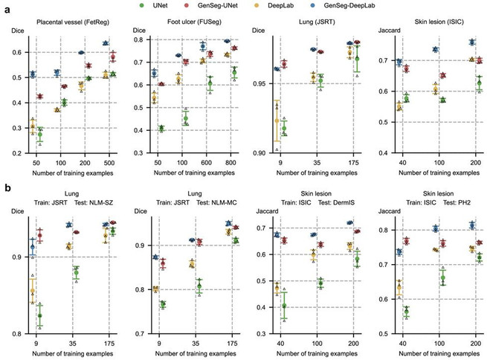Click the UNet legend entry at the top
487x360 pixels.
173,6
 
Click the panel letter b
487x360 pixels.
6,189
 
